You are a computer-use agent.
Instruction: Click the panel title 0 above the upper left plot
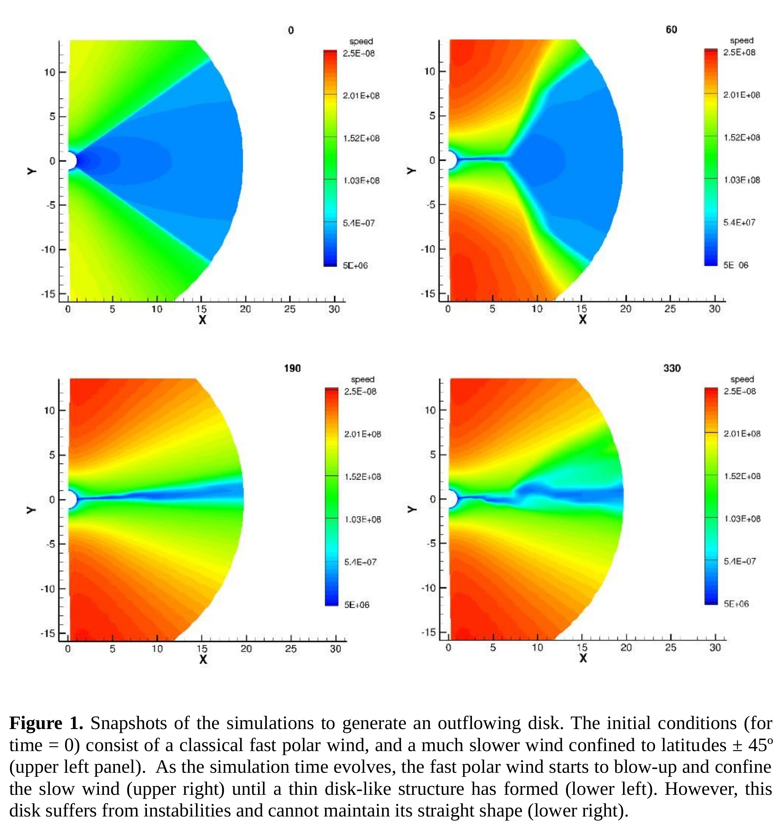[x=290, y=30]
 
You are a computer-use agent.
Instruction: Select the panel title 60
[x=671, y=30]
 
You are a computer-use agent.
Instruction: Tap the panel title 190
[x=292, y=368]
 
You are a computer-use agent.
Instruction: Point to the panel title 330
[x=671, y=368]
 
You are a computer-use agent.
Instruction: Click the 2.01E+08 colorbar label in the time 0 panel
[x=361, y=96]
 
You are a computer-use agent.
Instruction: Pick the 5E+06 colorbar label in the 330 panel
[x=736, y=604]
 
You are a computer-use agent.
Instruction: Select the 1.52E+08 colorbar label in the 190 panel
[x=362, y=477]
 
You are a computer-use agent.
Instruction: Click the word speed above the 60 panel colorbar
[x=741, y=40]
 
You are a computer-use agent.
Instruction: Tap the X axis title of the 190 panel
[x=203, y=659]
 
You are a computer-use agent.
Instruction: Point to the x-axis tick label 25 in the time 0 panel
[x=290, y=309]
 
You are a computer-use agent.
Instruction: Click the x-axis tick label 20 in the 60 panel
[x=625, y=308]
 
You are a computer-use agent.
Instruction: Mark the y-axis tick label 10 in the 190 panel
[x=49, y=410]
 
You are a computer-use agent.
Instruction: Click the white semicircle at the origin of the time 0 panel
[x=71, y=161]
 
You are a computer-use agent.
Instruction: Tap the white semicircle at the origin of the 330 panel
[x=452, y=499]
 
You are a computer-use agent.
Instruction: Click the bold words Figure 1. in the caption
[x=46, y=723]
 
